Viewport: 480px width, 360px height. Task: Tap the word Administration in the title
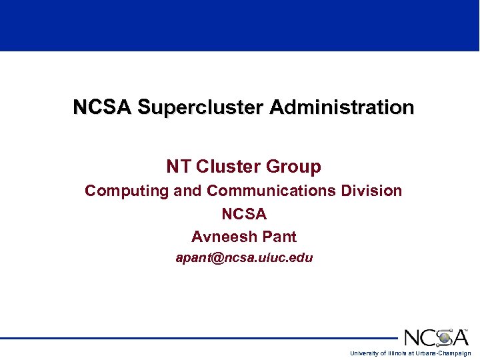pyautogui.click(x=342, y=107)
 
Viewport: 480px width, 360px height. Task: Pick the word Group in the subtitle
pyautogui.click(x=293, y=166)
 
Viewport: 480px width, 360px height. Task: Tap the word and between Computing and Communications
pyautogui.click(x=188, y=191)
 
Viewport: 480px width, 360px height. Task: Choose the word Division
pyautogui.click(x=371, y=191)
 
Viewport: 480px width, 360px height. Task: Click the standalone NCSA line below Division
pyautogui.click(x=244, y=214)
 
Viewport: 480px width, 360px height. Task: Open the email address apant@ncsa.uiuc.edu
pyautogui.click(x=244, y=257)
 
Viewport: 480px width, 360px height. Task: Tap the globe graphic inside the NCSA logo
pyautogui.click(x=444, y=337)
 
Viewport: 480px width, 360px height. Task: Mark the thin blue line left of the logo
pyautogui.click(x=200, y=338)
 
